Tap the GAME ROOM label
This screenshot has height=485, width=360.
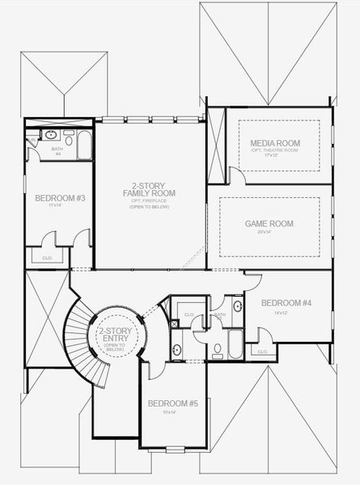(x=269, y=224)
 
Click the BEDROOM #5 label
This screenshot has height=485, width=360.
(x=167, y=403)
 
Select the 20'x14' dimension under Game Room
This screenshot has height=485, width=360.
(x=269, y=232)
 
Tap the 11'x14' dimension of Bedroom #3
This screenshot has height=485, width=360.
(x=55, y=206)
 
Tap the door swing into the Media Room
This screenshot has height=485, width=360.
(x=234, y=176)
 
